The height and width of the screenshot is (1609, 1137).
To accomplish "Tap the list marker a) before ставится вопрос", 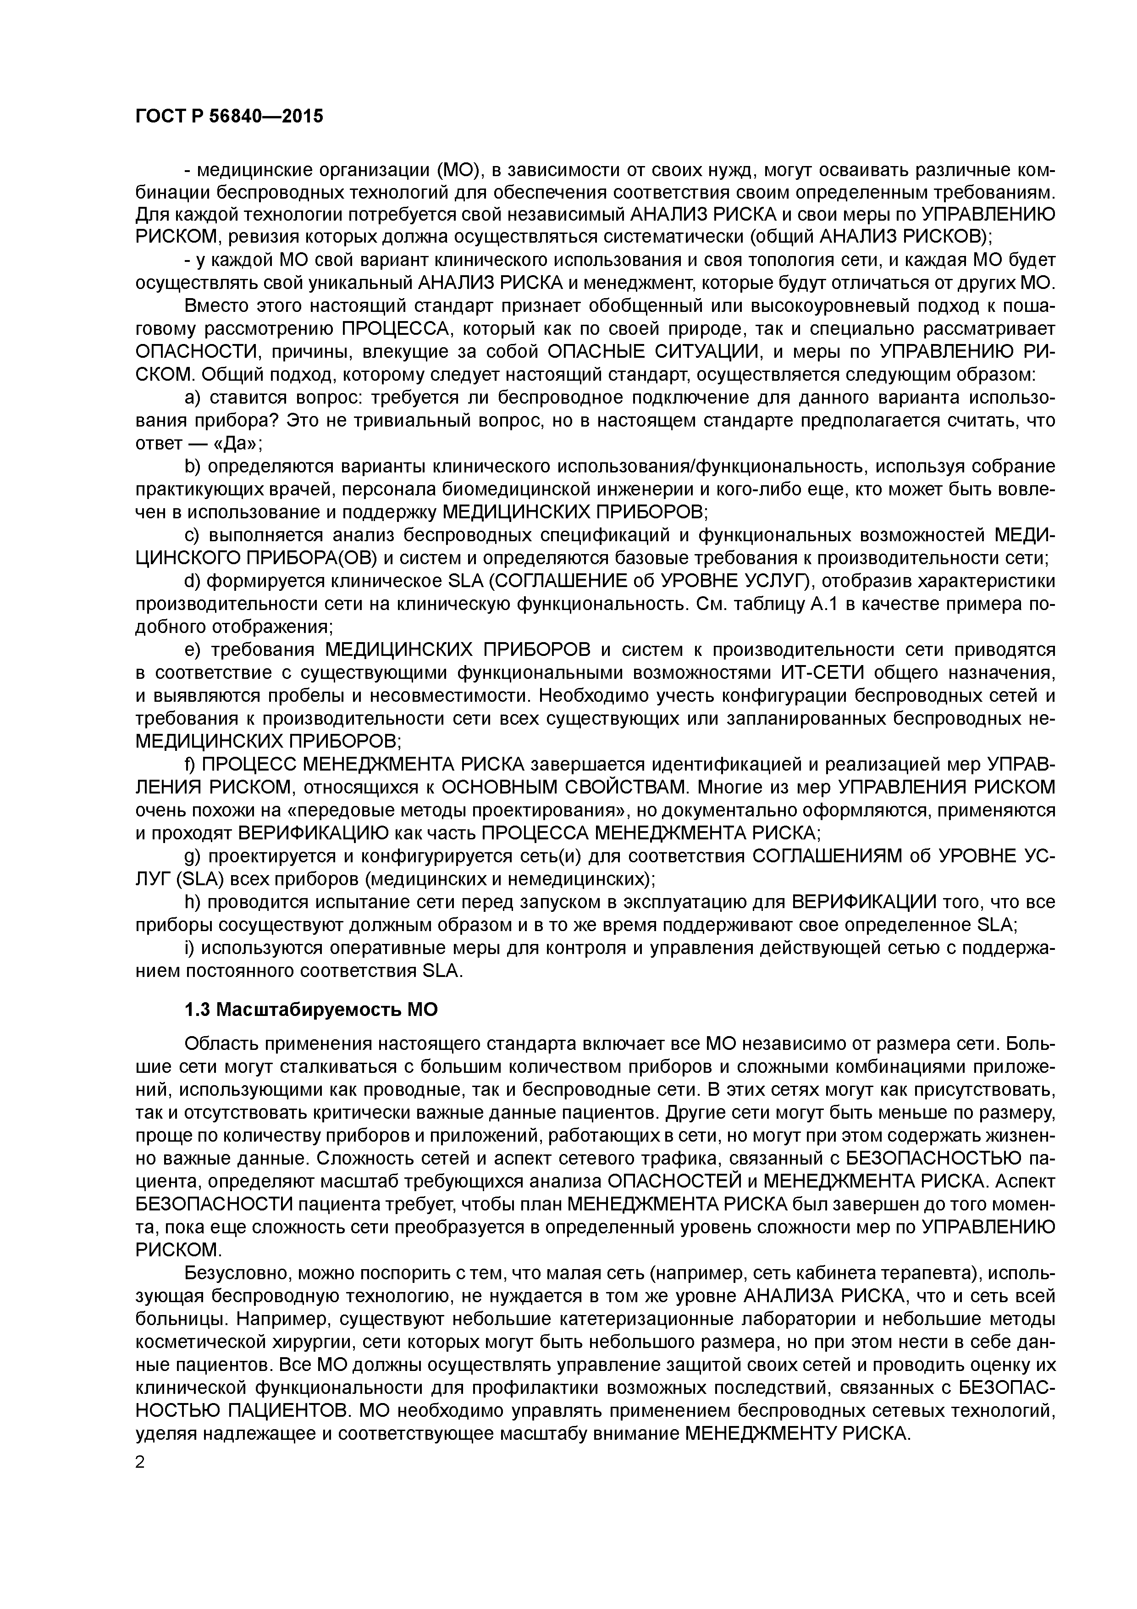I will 192,398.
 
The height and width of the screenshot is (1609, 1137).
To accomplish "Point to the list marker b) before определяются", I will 192,467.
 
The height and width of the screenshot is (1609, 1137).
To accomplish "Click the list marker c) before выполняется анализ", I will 192,535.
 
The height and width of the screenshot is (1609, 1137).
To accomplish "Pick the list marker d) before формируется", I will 192,582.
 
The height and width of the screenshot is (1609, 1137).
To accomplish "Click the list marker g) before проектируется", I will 192,856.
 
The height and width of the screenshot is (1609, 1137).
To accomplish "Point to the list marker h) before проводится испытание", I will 192,902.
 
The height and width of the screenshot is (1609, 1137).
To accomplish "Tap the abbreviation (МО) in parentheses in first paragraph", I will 458,170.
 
